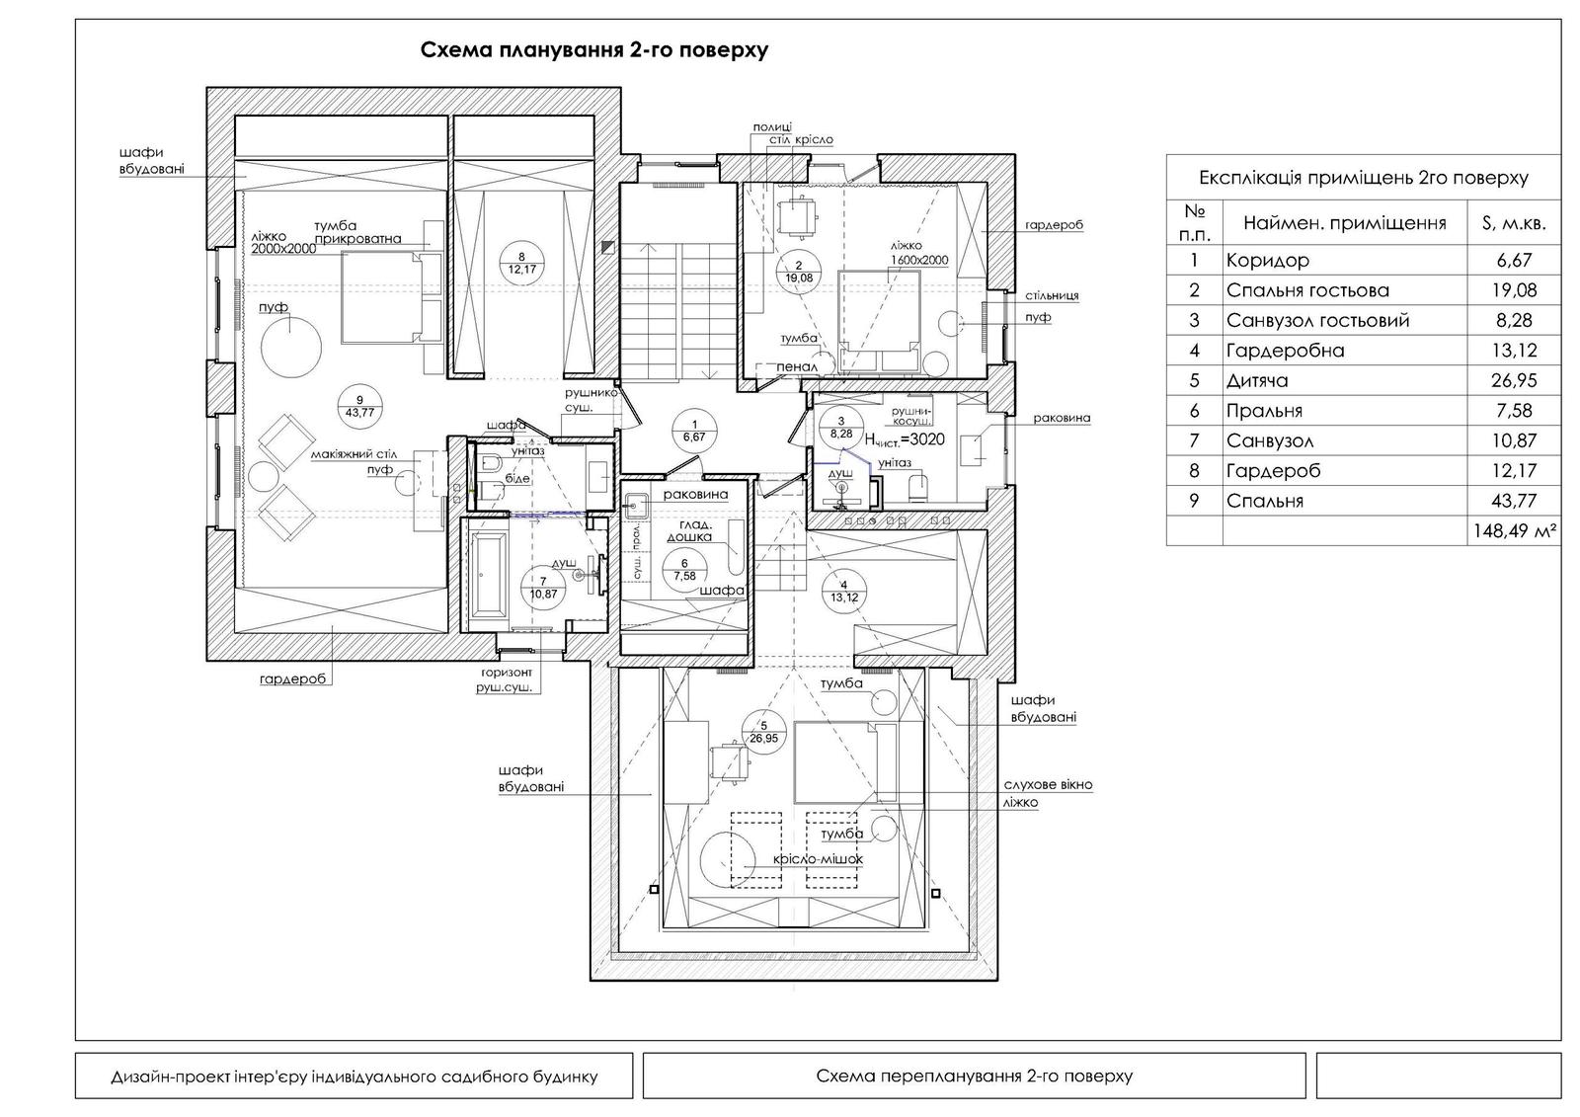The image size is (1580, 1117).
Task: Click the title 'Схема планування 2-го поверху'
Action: (594, 50)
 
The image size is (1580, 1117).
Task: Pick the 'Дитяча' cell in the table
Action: (1257, 380)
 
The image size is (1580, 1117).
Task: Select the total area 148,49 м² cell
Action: (1515, 531)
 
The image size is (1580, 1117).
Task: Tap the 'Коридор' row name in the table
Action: (1268, 261)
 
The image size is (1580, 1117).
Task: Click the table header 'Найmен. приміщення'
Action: (1344, 223)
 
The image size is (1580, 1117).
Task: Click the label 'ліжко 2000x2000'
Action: (282, 243)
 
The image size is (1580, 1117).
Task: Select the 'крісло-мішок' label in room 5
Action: (819, 859)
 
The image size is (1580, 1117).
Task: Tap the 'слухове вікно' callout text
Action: (1048, 785)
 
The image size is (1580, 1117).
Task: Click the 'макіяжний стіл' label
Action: (354, 453)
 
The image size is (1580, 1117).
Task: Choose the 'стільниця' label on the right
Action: (1052, 295)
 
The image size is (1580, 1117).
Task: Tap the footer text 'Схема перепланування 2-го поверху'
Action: (974, 1076)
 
